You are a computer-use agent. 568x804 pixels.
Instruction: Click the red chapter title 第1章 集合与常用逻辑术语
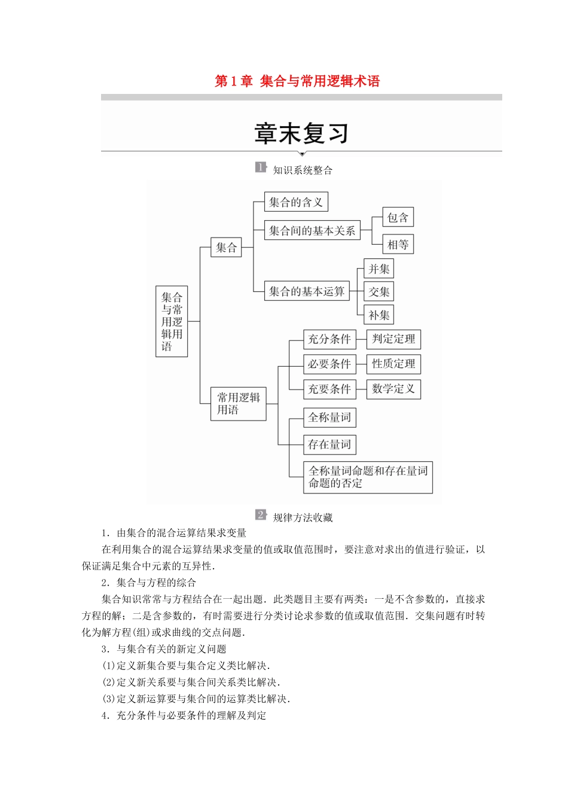297,81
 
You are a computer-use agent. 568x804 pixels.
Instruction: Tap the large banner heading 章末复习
301,133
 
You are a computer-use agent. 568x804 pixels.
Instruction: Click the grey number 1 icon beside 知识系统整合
260,167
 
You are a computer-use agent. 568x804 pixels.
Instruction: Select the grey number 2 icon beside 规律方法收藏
261,515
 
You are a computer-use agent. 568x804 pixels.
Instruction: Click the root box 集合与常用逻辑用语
172,321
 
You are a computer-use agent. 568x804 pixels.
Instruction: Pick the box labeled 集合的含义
296,202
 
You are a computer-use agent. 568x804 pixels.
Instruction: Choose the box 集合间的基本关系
312,230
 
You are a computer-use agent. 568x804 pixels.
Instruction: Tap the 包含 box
398,218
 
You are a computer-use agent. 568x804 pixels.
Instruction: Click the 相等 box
398,244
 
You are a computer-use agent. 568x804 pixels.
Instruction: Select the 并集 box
378,269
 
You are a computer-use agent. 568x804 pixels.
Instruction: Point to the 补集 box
378,315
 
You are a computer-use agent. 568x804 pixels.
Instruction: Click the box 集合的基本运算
307,291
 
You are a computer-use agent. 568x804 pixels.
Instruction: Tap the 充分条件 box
329,339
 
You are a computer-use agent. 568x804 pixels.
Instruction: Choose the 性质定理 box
393,364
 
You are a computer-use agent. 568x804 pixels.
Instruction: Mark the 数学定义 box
393,389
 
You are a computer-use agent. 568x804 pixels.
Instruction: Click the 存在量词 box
329,444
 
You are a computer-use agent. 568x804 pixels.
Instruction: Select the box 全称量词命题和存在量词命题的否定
368,477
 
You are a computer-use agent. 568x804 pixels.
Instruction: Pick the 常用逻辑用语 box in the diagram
238,404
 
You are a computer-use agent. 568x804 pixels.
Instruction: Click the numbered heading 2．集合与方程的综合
149,583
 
